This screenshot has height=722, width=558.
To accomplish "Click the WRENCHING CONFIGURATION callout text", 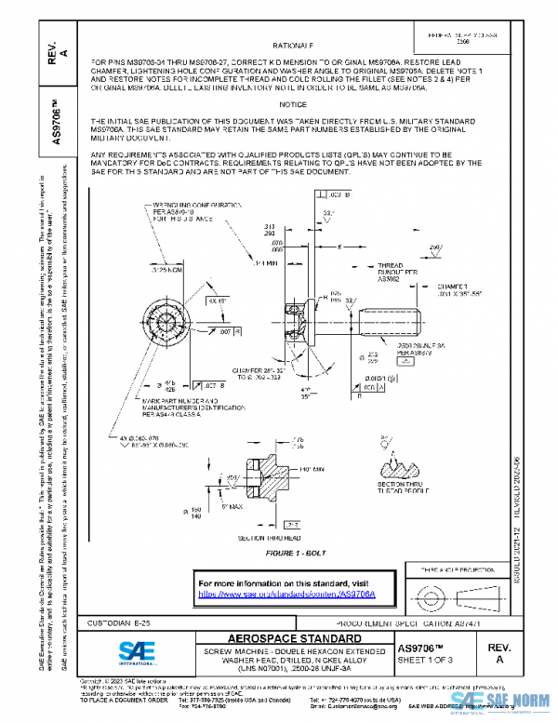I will click(181, 209).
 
